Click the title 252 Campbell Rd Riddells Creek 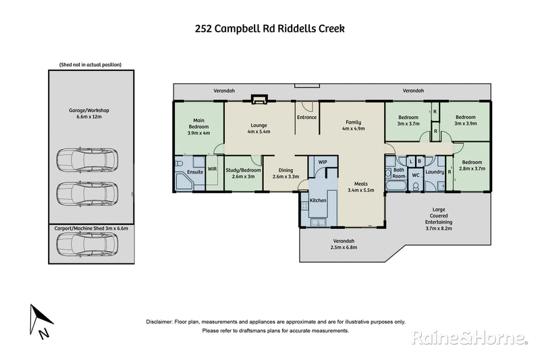click(269, 29)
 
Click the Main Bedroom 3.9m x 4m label click(198, 129)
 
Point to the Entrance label click(306, 118)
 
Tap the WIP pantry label click(322, 162)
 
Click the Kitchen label click(318, 201)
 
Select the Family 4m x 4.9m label click(353, 125)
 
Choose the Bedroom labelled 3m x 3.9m click(469, 120)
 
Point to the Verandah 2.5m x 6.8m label click(345, 245)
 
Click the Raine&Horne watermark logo click(468, 337)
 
